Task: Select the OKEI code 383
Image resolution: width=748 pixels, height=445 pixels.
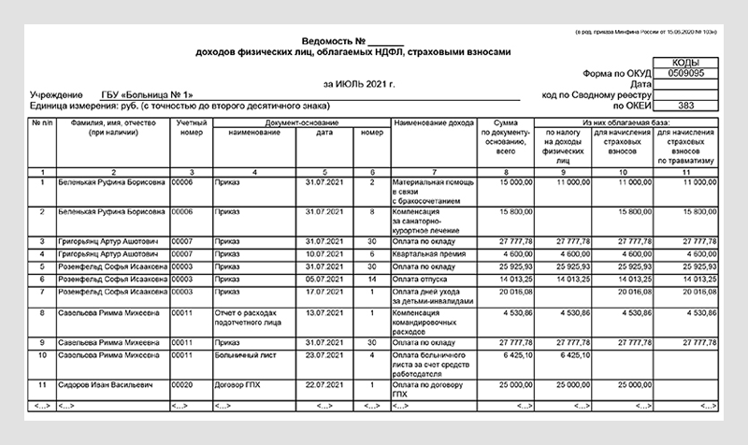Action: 687,105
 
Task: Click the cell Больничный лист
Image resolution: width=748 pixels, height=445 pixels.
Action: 237,355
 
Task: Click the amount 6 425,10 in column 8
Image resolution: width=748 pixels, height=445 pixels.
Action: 514,355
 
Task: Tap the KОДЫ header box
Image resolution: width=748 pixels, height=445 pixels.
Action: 687,62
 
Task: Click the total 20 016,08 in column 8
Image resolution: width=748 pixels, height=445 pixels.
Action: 513,291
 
